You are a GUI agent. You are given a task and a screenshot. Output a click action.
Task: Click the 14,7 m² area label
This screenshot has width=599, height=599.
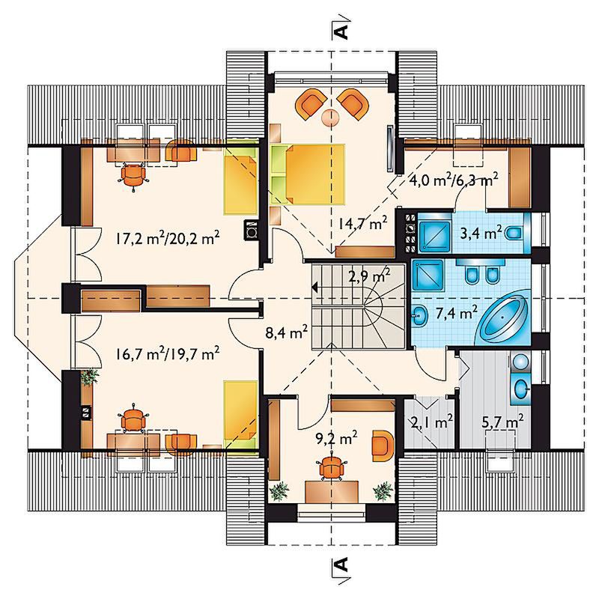[x=362, y=223]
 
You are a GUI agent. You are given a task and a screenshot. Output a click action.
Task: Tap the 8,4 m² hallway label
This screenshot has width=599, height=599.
[x=287, y=332]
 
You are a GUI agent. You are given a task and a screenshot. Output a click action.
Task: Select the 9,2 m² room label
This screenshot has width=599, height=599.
[x=336, y=438]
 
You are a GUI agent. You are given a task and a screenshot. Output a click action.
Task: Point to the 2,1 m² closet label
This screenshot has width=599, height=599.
[x=432, y=422]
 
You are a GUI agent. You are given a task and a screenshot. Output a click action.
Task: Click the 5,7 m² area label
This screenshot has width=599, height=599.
[x=502, y=422]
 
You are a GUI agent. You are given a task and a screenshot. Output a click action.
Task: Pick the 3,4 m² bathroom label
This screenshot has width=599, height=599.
[x=481, y=233]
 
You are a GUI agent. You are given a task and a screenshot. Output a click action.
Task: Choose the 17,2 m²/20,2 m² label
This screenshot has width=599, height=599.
[x=167, y=239]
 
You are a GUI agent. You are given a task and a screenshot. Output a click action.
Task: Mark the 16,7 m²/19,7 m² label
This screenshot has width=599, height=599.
[x=167, y=353]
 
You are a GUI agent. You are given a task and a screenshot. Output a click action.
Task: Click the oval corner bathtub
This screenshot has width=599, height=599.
[x=502, y=316]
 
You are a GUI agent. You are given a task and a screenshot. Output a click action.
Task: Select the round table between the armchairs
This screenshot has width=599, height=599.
[x=329, y=118]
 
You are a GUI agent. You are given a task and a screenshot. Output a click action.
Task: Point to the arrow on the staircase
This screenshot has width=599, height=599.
[x=316, y=287]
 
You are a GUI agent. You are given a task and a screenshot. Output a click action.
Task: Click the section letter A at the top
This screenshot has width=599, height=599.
[x=342, y=32]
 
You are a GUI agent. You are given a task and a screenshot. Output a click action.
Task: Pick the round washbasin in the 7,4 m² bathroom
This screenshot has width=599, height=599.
[x=420, y=316]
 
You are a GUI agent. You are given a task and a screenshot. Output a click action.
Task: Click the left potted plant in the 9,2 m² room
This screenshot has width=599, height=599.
[x=279, y=490]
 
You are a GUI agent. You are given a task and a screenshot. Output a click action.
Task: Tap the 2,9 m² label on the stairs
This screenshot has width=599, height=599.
[x=369, y=275]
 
